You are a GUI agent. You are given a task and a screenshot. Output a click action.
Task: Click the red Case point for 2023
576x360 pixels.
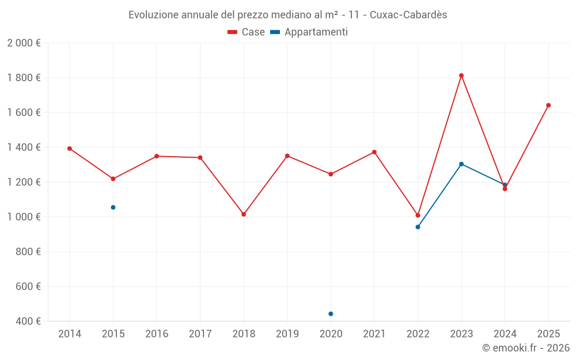click(x=461, y=75)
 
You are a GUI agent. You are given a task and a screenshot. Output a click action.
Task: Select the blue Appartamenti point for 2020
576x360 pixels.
click(x=331, y=314)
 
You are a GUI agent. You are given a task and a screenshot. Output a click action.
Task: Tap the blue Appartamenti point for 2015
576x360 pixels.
click(x=113, y=207)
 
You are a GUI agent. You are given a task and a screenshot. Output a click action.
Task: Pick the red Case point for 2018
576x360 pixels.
click(x=244, y=214)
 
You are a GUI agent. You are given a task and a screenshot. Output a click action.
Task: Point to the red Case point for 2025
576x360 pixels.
click(x=548, y=105)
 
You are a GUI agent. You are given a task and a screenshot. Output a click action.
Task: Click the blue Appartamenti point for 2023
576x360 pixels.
click(x=461, y=164)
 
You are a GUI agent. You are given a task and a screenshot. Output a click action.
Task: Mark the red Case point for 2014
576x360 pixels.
click(x=70, y=149)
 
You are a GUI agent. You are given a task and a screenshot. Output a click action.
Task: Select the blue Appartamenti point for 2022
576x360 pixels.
click(x=418, y=227)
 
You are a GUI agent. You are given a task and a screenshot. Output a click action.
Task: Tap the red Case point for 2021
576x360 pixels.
click(x=374, y=152)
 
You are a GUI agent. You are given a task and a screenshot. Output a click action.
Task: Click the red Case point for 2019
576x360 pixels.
click(x=287, y=156)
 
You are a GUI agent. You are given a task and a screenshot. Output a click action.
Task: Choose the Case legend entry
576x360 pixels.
click(x=246, y=32)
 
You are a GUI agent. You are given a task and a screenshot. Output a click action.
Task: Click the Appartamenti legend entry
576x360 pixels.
click(x=309, y=32)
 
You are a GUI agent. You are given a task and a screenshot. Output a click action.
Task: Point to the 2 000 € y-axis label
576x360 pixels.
click(x=24, y=43)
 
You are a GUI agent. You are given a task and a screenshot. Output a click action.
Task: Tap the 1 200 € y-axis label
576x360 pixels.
click(x=24, y=182)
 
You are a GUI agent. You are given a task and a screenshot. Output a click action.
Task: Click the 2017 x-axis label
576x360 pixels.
click(x=200, y=334)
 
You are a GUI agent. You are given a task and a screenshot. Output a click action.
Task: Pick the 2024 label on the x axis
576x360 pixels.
click(x=505, y=334)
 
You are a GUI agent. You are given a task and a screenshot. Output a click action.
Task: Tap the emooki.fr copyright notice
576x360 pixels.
click(x=525, y=348)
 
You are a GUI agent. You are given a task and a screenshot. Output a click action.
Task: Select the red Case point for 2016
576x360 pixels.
click(x=157, y=156)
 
